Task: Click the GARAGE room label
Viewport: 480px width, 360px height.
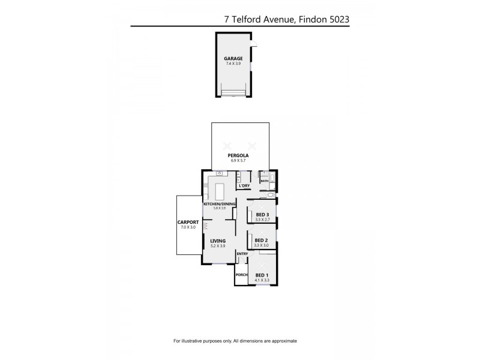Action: (x=233, y=59)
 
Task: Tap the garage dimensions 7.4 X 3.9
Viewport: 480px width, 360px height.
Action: (x=233, y=64)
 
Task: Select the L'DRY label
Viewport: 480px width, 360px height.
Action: (x=244, y=186)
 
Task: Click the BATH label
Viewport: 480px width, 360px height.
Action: (x=264, y=180)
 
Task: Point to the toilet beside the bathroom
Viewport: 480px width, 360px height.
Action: (x=271, y=196)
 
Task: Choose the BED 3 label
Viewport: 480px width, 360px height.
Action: (x=262, y=215)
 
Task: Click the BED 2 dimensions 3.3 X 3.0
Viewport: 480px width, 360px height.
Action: (x=262, y=246)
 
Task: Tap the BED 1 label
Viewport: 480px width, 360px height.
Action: (x=262, y=275)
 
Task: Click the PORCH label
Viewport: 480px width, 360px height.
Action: (x=241, y=275)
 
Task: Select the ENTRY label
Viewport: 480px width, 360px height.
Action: (x=242, y=254)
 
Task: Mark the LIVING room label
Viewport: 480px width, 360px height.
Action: (x=217, y=241)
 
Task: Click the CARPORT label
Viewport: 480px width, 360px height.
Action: (x=187, y=223)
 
